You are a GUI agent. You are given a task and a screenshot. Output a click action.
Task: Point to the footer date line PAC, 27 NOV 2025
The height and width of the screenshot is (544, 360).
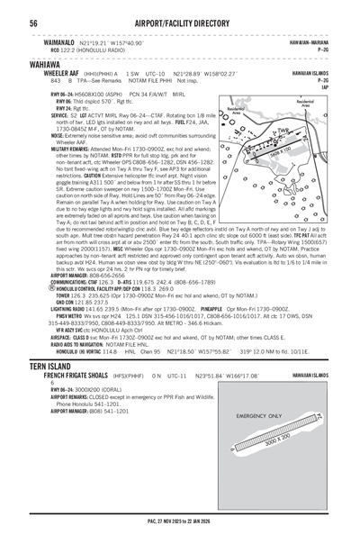(180, 532)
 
